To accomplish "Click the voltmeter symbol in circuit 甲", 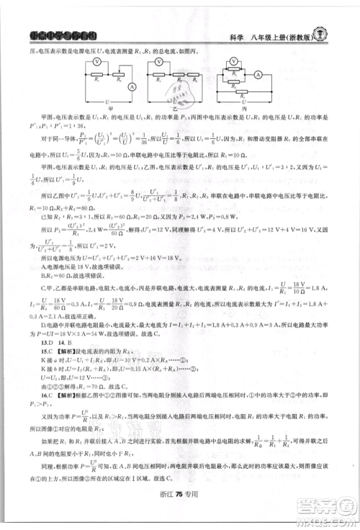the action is [x=96, y=62].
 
